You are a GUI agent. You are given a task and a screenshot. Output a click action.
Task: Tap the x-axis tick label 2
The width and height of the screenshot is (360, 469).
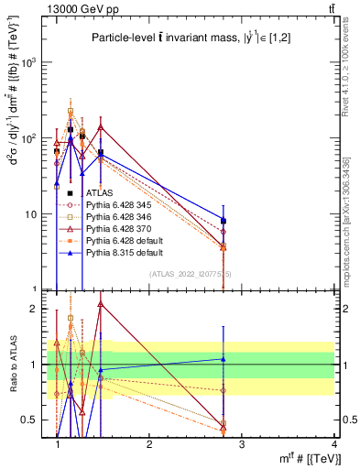(149, 444)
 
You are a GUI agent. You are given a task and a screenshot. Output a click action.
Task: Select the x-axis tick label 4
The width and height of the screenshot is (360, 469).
(334, 444)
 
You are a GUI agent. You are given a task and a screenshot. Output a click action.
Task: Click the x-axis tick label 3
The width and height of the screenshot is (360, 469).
(242, 444)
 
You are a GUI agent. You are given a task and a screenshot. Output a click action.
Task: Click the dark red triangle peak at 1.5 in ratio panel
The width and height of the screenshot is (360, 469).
(101, 303)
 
